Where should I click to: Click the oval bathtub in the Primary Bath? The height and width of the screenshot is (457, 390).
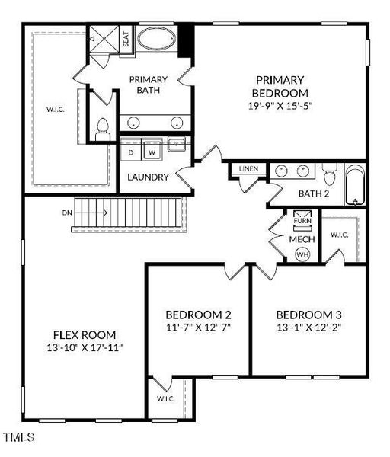pos(157,39)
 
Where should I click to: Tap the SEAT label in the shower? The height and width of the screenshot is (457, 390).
pos(126,39)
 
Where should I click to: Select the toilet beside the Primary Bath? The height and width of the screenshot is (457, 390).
pos(102,130)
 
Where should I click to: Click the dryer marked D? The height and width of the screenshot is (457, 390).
pos(131,152)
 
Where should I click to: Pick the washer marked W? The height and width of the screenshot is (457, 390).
pos(152,152)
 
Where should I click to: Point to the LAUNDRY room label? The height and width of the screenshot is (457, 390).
pos(148,177)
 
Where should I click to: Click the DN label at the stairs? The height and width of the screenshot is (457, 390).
pos(67,213)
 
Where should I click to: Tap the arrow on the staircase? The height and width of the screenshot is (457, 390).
pos(90,213)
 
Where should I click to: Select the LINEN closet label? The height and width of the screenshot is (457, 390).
pos(248,169)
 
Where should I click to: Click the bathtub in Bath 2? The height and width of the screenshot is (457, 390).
pos(355,185)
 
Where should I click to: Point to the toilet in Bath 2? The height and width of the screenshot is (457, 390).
pos(330,174)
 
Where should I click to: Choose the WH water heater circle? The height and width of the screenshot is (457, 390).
pos(302,254)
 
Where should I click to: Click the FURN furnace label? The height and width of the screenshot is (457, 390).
pos(302,221)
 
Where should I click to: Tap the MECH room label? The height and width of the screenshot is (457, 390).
pos(302,239)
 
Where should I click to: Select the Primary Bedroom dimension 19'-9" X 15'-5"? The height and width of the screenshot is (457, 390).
pos(280,106)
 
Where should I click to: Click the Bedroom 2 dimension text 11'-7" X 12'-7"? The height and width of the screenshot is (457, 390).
pos(198,328)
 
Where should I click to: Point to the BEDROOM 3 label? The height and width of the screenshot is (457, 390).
pos(309,315)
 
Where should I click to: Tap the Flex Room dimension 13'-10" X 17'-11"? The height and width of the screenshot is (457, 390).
pos(85,347)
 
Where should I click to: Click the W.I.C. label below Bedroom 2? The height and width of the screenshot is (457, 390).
pos(165,398)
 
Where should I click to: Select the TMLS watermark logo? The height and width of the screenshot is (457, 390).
pos(20,437)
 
